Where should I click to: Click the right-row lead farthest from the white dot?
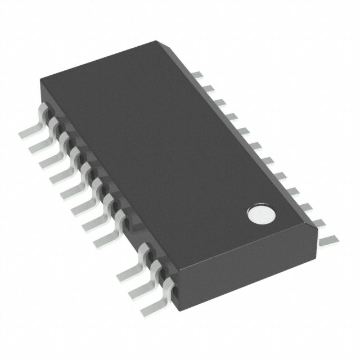pyautogui.click(x=196, y=74)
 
